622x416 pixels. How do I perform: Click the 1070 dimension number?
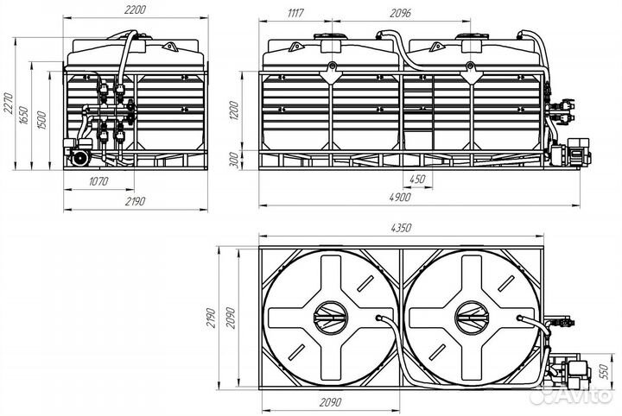pyautogui.click(x=98, y=181)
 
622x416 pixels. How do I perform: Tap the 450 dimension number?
pyautogui.click(x=416, y=180)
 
